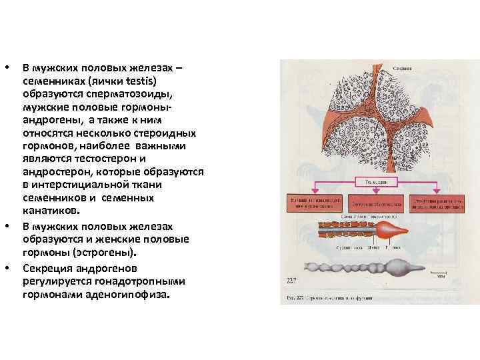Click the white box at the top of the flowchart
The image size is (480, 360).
377,181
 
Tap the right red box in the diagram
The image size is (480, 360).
437,203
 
